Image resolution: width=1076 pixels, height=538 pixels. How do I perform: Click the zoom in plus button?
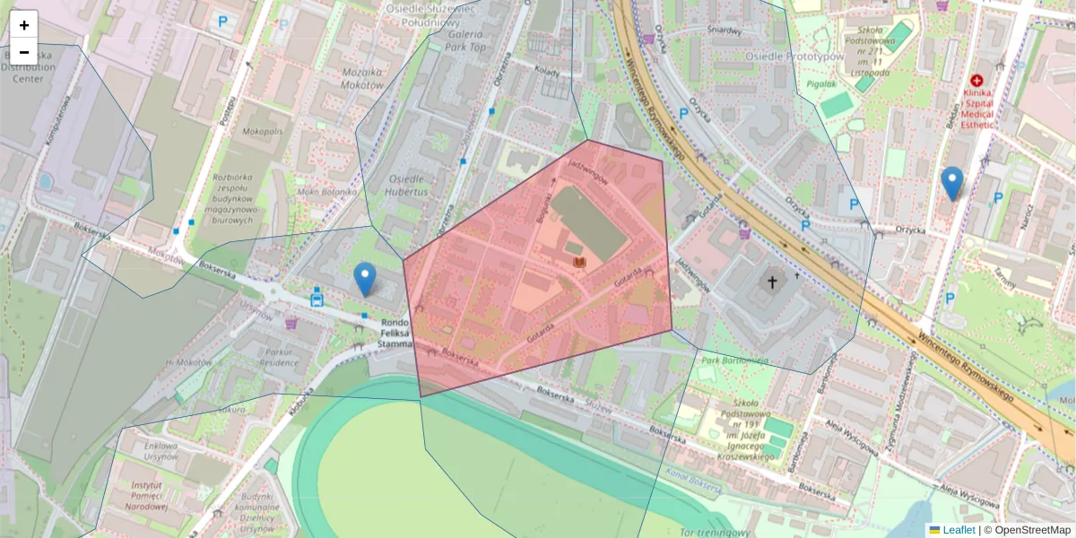24,25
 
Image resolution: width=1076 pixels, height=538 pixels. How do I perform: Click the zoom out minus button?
24,52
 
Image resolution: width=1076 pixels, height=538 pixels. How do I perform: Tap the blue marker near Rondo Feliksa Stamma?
364,279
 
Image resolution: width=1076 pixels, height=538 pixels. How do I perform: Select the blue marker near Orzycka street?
952,183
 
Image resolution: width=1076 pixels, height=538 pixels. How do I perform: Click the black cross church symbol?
770,282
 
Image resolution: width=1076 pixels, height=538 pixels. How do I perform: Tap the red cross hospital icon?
976,81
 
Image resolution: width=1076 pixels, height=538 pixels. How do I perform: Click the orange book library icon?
579,261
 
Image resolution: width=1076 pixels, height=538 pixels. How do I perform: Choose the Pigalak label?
820,84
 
